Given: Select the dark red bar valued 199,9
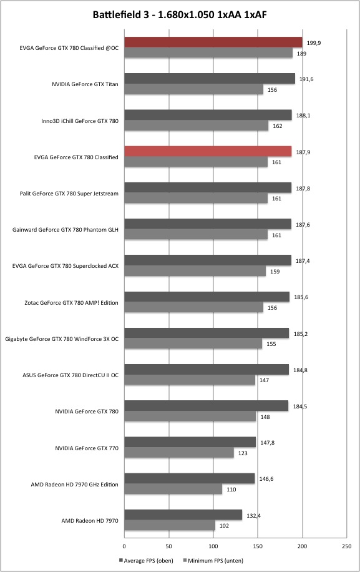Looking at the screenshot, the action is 213,42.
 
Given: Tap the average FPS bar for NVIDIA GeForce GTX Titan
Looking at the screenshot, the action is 210,79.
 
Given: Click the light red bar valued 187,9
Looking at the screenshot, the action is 208,151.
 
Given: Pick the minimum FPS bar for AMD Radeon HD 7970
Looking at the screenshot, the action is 170,525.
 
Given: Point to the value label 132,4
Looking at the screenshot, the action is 253,515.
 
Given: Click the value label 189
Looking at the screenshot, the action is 301,54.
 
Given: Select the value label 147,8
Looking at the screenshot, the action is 267,443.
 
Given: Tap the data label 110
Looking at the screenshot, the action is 231,490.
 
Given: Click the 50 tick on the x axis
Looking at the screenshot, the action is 168,546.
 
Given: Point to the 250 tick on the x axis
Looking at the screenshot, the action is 347,546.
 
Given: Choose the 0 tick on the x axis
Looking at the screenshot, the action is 124,546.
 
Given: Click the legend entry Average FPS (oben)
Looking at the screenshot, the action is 146,560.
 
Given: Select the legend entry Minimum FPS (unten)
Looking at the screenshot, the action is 213,560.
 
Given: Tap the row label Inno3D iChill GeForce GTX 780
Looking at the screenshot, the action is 80,121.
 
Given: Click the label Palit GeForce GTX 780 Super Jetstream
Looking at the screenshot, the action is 69,194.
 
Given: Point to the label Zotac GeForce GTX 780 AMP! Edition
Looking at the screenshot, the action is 71,302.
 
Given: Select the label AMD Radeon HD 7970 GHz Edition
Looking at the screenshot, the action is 75,485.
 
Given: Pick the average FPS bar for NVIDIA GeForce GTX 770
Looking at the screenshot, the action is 190,442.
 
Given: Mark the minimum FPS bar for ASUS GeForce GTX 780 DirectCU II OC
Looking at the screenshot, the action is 190,380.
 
